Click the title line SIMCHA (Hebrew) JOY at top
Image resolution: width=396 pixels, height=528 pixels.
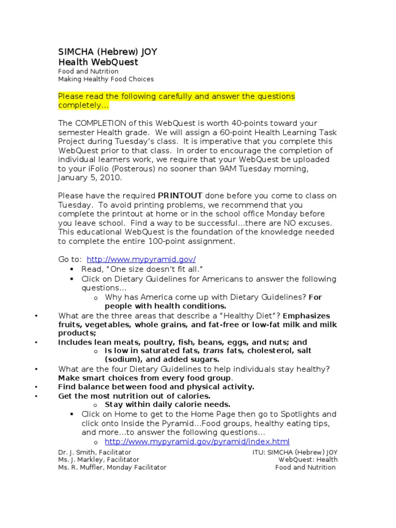108,52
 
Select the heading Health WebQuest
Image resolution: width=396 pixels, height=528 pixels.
98,62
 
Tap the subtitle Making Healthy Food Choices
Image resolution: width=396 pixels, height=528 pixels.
106,79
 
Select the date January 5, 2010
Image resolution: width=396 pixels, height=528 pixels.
90,177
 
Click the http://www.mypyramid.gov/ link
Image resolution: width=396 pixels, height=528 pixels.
141,259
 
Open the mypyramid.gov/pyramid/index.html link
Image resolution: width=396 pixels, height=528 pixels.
197,442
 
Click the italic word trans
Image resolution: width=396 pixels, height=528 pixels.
211,351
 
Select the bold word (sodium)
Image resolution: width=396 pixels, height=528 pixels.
124,359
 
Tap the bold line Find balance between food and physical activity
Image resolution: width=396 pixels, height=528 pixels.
156,386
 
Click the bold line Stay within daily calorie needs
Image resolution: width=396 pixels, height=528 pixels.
168,404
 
